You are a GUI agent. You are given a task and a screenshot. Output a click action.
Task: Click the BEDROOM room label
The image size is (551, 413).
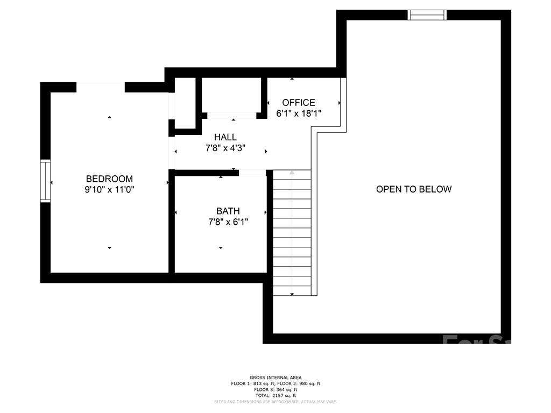coord(109,179)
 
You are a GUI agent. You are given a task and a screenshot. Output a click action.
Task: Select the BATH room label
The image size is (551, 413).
coord(228,211)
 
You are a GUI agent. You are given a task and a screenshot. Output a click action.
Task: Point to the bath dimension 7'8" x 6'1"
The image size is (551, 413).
coord(228,222)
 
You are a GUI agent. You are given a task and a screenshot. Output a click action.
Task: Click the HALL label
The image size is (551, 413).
coord(225,138)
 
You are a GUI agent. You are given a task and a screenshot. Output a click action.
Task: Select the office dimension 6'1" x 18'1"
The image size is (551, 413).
coord(299,113)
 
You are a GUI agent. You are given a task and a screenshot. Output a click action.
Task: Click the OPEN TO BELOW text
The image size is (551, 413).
coord(413,189)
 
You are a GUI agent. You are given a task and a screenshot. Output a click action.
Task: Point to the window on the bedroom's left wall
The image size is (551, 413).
coord(46,181)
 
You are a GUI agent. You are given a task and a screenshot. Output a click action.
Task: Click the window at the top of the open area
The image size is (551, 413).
coord(428,15)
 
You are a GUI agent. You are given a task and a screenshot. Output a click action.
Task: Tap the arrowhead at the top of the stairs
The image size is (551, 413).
coord(292,173)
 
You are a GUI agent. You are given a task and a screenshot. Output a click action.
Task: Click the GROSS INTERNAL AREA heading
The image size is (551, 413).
coord(275,378)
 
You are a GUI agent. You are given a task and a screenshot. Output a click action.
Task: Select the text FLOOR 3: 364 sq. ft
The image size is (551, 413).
coord(275,389)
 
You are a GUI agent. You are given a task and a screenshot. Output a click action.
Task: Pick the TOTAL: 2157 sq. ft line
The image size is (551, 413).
coord(275,395)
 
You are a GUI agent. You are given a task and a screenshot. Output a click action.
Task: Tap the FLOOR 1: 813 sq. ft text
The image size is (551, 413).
coord(251,383)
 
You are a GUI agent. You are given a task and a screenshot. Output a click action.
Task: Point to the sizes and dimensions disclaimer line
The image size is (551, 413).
coord(275,402)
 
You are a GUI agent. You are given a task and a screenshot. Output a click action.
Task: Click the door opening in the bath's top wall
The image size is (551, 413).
coord(252,173)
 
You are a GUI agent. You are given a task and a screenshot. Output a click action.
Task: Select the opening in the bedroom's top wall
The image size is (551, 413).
coord(101,87)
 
